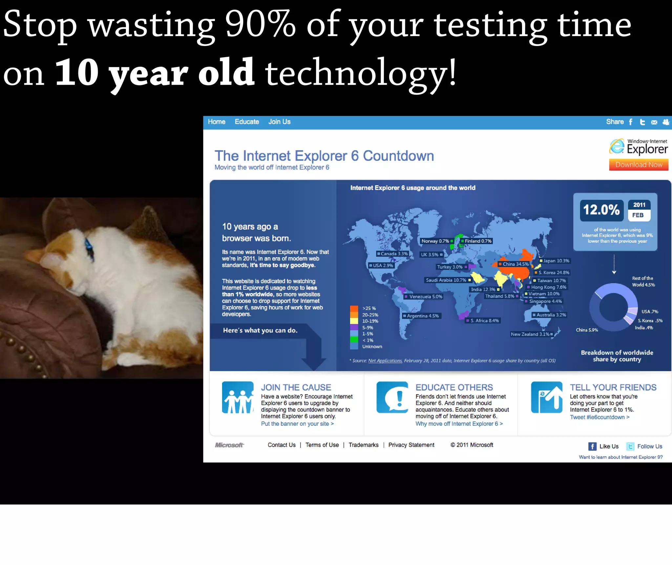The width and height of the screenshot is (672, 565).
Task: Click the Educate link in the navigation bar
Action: click(x=247, y=122)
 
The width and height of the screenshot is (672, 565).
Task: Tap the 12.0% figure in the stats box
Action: click(x=601, y=210)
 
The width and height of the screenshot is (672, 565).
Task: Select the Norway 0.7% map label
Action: click(x=435, y=241)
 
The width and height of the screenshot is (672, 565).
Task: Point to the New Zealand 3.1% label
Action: click(x=530, y=334)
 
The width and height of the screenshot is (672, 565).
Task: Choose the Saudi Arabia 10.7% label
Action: click(x=446, y=280)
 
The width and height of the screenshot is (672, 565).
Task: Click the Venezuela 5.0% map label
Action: click(x=426, y=297)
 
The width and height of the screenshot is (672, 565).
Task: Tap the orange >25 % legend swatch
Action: click(x=354, y=308)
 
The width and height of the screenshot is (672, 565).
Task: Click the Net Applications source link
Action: click(x=385, y=361)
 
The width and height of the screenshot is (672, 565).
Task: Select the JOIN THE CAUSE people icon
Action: click(x=238, y=397)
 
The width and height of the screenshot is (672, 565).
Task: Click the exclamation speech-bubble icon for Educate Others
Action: click(x=392, y=397)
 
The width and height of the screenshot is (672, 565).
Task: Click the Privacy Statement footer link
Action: click(x=411, y=445)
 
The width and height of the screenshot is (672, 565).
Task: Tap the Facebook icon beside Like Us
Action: click(x=592, y=446)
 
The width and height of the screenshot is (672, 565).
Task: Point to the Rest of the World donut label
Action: click(x=643, y=282)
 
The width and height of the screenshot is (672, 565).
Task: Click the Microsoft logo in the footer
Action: click(x=229, y=445)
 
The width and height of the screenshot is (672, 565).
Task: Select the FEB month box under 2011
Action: click(x=638, y=215)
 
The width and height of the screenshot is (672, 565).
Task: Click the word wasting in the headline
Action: click(x=152, y=26)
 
